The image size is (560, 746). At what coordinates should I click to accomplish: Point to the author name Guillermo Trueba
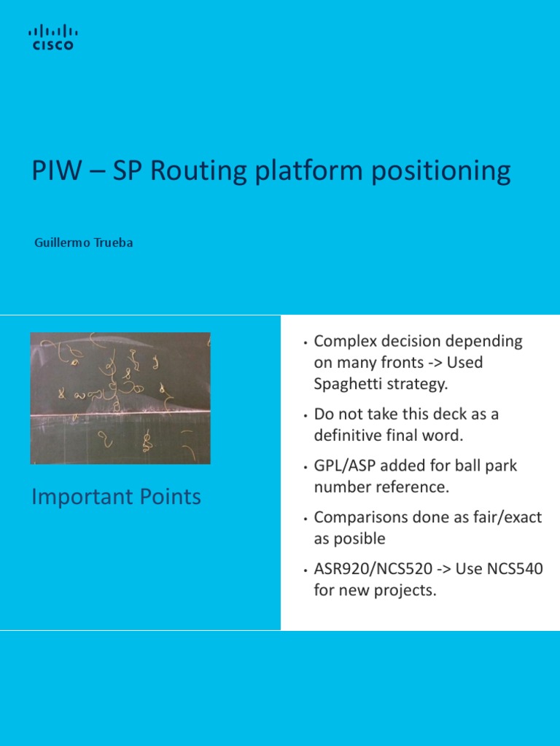[84, 243]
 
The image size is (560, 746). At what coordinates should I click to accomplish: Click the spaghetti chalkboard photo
[120, 398]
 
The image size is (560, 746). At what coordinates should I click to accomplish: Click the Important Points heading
[117, 497]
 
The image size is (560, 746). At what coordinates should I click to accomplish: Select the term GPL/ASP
[342, 466]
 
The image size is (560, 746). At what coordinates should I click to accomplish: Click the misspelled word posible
[359, 538]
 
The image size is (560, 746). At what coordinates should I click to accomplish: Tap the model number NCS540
[514, 569]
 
